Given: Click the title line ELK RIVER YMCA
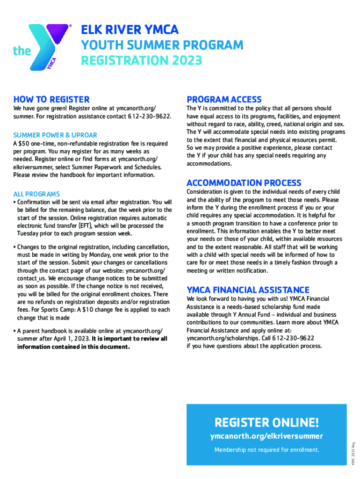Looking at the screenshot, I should coord(130,30).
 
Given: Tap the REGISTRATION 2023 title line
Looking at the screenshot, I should coord(142,61).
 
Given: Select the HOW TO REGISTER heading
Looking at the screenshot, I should coord(51,99).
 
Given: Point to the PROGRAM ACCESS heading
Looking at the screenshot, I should coord(224,99).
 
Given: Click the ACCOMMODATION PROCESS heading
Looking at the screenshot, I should coord(244,183).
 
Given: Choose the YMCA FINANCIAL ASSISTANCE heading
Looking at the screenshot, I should coord(248,290).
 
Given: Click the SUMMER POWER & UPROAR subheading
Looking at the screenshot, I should coord(55,135).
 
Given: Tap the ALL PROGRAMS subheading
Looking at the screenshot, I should coord(36,194).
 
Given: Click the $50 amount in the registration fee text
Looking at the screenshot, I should coord(24,144).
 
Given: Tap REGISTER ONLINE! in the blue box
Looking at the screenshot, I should coord(266,423).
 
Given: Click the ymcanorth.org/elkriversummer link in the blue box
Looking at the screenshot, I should coord(266,436).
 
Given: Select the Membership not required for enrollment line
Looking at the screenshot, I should coord(266,450).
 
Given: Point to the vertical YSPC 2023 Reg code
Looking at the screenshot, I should coord(354,453).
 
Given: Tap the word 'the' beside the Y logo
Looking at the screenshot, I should coord(22,51).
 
